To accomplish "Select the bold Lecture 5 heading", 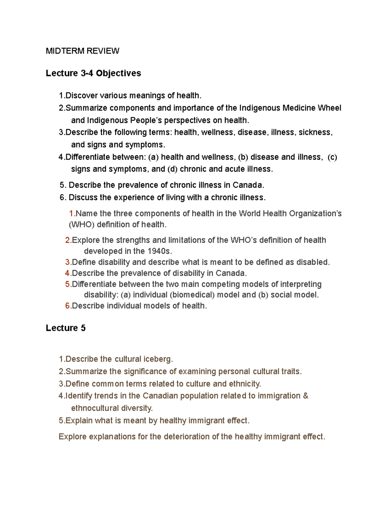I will pyautogui.click(x=65, y=328).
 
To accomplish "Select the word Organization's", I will pyautogui.click(x=315, y=214).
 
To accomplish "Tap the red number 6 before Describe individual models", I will pyautogui.click(x=68, y=306).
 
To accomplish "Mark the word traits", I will pyautogui.click(x=292, y=372).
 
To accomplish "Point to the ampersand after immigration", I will pyautogui.click(x=305, y=396).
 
